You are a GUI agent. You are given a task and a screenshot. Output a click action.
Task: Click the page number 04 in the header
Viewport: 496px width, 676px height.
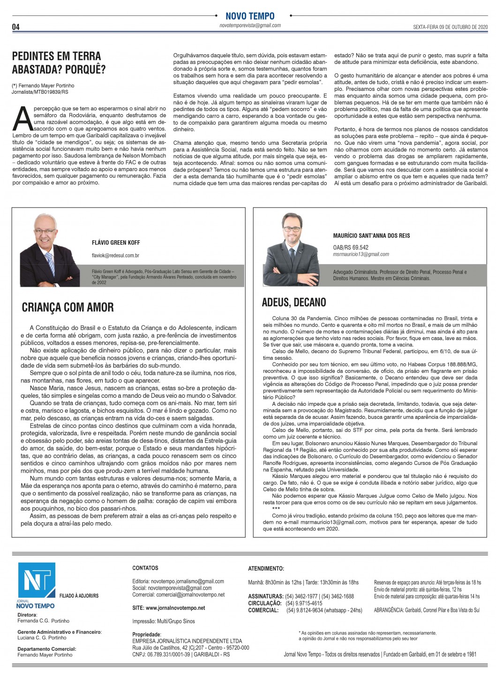point(16,27)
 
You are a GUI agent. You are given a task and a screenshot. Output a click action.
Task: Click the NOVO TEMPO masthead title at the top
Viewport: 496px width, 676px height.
point(250,16)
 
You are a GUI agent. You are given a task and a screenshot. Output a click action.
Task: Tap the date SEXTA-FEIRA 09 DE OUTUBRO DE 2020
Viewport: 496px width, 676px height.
point(450,27)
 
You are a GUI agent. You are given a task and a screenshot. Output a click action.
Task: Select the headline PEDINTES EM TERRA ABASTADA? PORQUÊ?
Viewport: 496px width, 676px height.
point(59,63)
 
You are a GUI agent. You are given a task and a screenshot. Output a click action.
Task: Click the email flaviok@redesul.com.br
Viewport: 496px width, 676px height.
point(115,256)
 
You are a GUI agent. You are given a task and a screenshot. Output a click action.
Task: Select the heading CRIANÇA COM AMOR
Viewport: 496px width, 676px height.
point(68,307)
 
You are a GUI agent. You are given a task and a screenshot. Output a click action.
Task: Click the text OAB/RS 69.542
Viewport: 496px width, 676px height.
point(351,247)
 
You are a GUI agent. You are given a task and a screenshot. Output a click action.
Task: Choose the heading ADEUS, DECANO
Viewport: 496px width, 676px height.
point(294,302)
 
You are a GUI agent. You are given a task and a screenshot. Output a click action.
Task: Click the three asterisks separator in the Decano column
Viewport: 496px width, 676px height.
point(276,509)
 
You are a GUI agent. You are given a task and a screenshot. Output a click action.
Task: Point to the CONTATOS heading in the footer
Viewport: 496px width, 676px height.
point(145,568)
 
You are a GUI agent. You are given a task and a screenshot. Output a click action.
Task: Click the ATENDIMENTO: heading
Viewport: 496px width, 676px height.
point(266,569)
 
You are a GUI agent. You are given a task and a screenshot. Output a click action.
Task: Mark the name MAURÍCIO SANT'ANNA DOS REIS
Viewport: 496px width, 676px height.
point(371,236)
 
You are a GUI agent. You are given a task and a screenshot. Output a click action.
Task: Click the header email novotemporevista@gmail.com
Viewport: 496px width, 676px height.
point(250,26)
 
